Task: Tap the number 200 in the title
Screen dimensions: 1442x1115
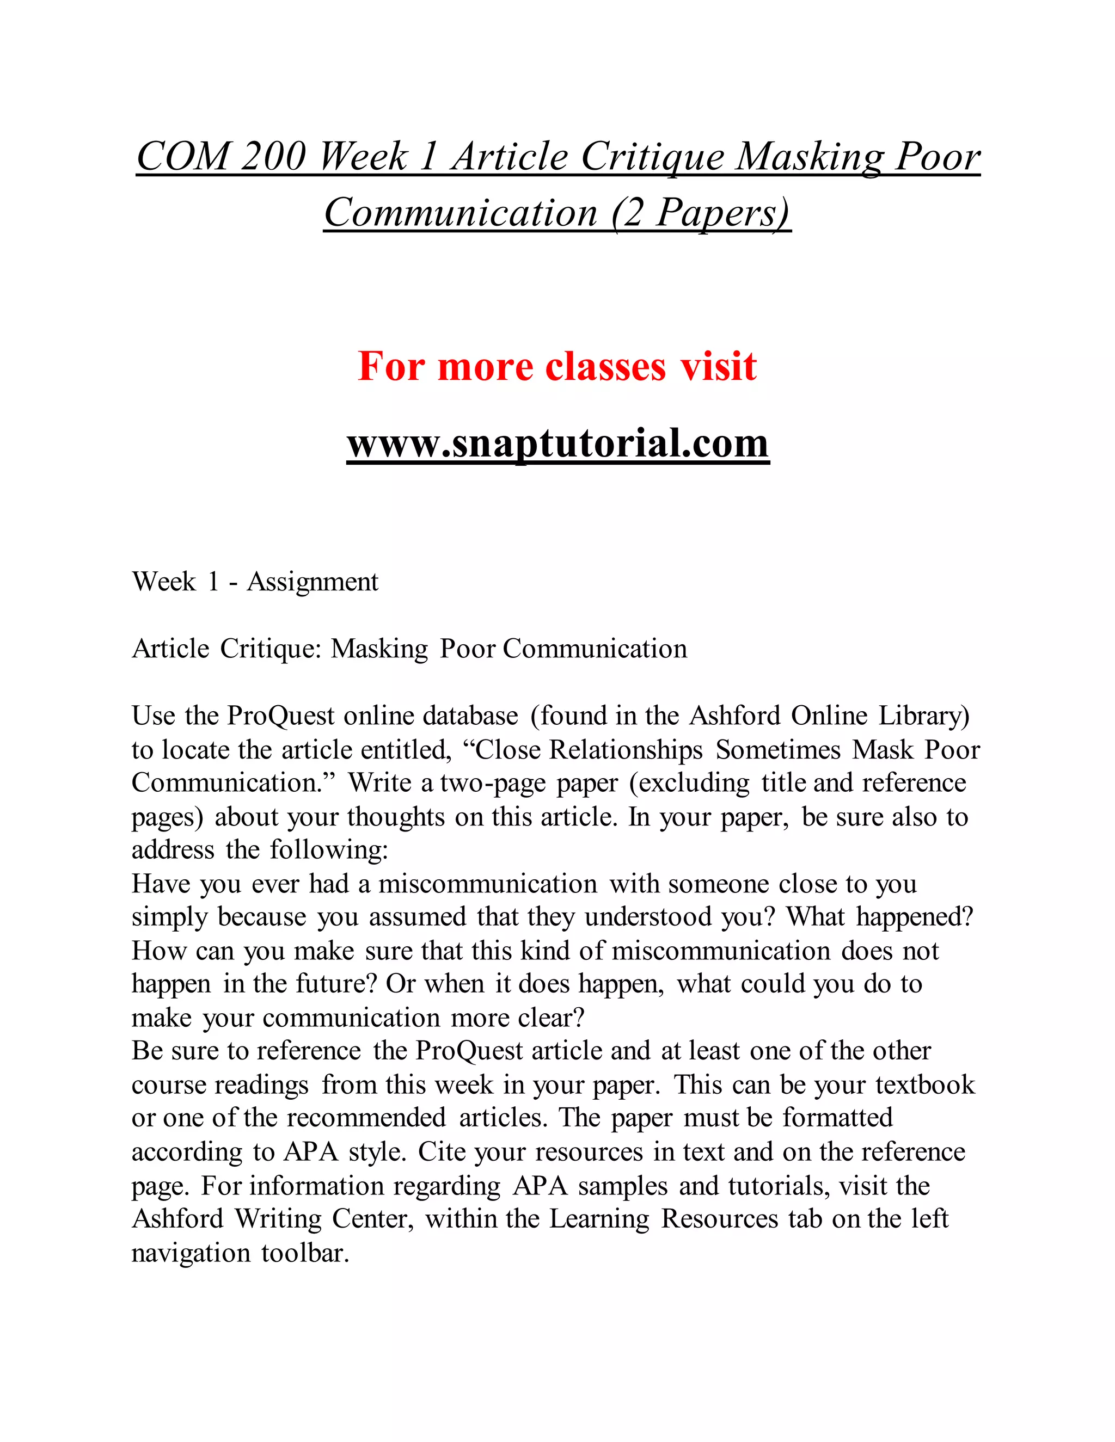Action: pos(273,157)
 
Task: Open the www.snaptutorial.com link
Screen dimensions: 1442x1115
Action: pos(557,443)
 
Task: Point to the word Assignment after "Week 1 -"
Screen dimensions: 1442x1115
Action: pos(313,582)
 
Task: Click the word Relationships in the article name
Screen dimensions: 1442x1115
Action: pos(626,749)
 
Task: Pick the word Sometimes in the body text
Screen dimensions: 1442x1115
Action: pos(778,749)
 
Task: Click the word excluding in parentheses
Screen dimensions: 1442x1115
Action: pos(690,783)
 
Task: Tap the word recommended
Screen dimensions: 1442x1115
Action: pos(366,1118)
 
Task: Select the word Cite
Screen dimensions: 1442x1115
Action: pos(440,1151)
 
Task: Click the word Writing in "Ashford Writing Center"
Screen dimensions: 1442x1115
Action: pos(278,1219)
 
